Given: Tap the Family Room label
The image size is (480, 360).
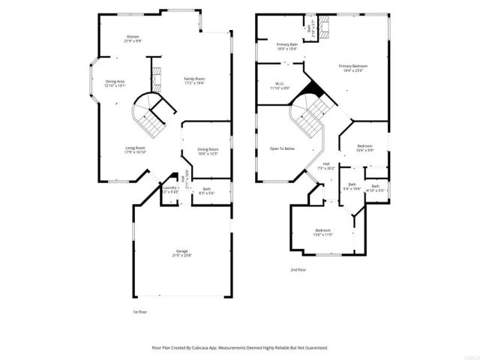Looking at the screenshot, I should tap(195, 79).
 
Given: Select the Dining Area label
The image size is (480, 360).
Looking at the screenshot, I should tap(115, 82).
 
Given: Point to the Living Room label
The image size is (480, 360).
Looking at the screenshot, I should tap(135, 148).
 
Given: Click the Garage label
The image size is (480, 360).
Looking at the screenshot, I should tap(182, 250).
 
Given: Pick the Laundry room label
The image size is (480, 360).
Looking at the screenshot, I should tap(169, 187).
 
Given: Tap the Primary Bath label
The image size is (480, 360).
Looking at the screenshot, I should tap(287, 45).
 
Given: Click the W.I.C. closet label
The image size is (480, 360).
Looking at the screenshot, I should tap(279, 84).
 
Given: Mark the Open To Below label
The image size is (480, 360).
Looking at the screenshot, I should tap(283, 148).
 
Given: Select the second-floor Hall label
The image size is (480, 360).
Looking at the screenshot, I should tap(327, 163).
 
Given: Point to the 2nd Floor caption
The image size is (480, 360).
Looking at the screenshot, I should tap(298, 268).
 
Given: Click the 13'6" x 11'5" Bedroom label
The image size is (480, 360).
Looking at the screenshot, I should tap(323, 230).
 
